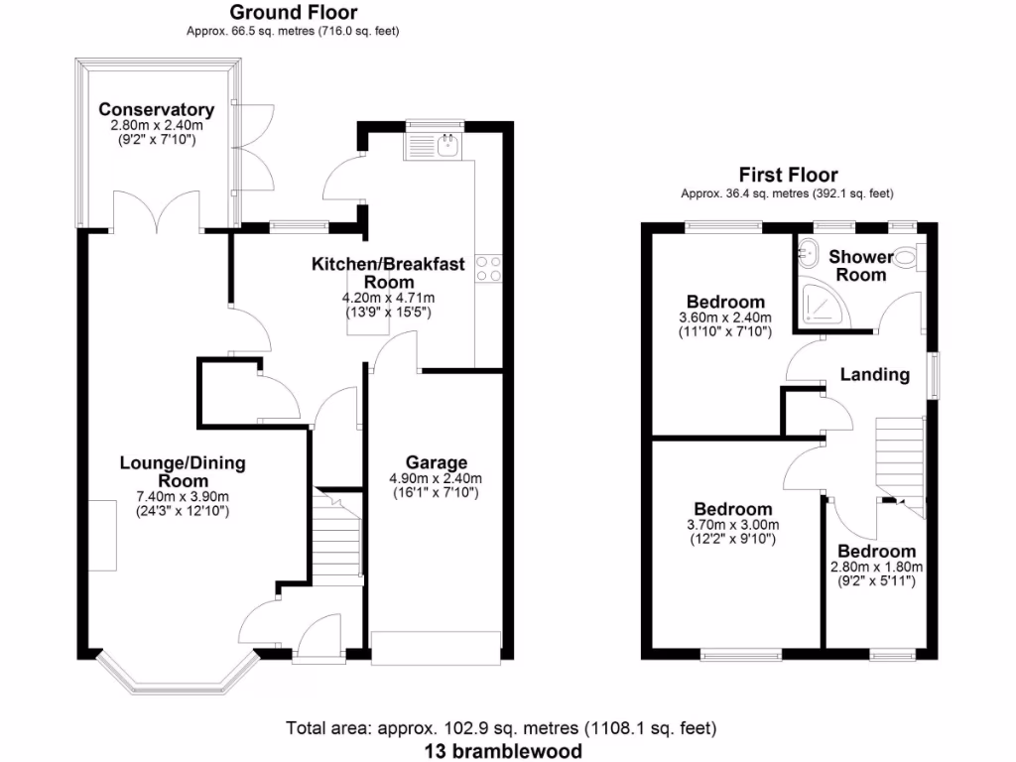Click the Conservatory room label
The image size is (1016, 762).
156,109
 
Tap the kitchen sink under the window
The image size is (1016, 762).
445,147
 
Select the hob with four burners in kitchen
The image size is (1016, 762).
487,269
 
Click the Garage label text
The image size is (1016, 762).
436,462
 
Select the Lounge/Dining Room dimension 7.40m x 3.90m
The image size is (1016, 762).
182,497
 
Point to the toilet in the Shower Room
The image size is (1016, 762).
908,257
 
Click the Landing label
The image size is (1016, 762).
874,374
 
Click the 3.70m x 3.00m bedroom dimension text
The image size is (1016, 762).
733,525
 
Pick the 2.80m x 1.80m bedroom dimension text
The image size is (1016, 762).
876,568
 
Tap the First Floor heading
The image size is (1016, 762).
787,175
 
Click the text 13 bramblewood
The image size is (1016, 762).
502,750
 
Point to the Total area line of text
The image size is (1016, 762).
501,728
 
